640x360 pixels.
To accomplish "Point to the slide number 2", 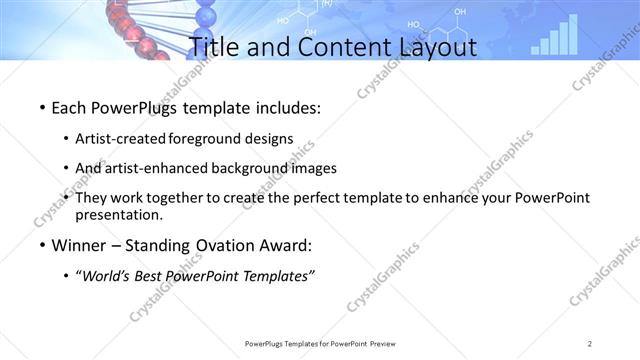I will [x=590, y=344].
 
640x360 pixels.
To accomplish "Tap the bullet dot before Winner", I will [x=39, y=245].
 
